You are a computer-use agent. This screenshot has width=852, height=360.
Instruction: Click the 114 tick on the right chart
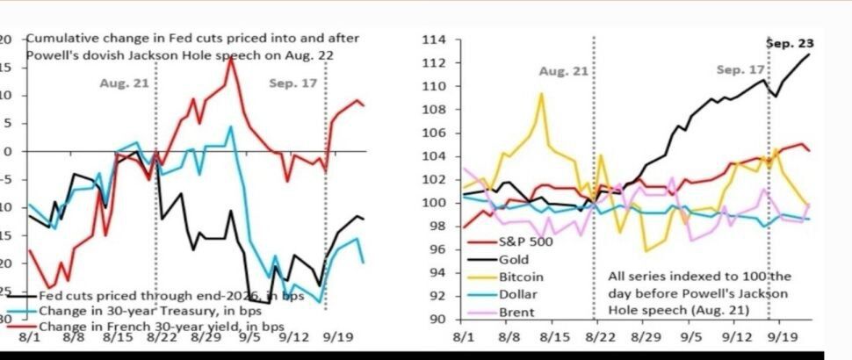[435, 40]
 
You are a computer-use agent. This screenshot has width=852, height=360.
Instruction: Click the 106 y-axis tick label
[435, 133]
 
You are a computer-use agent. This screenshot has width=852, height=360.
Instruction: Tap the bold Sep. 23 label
[789, 41]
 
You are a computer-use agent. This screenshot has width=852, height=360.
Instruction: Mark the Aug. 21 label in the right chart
[562, 70]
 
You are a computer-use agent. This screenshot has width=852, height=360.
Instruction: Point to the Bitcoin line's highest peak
[542, 93]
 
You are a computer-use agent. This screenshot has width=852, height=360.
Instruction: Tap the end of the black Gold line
[808, 54]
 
